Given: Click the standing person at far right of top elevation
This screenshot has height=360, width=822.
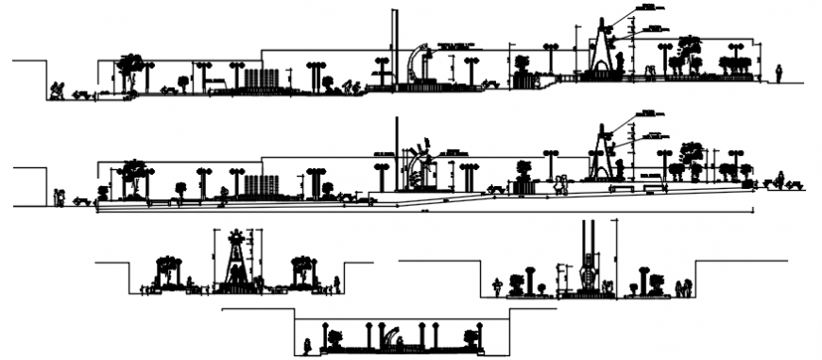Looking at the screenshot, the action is click(x=779, y=73).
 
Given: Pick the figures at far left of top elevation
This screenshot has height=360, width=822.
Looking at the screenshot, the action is click(x=57, y=91).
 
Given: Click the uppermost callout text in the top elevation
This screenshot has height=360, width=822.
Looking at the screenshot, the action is click(x=646, y=8).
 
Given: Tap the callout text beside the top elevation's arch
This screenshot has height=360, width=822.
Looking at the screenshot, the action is click(x=454, y=45).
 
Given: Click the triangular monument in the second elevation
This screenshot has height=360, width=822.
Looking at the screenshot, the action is click(x=598, y=153).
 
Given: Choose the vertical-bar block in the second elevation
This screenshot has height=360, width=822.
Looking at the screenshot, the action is click(x=261, y=183).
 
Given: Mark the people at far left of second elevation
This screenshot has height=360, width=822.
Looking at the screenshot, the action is click(x=60, y=197).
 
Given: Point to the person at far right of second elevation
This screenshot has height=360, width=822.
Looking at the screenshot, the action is click(x=780, y=179).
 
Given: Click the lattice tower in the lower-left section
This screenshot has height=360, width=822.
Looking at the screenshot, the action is click(x=233, y=260).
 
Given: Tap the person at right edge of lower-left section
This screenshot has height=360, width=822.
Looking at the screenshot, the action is click(x=337, y=283).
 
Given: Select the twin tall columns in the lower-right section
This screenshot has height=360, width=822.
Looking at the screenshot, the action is click(x=590, y=255).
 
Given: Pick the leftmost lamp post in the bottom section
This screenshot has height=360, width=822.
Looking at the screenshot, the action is click(x=325, y=335).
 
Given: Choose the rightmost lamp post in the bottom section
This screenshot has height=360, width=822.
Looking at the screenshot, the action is click(x=480, y=335).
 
